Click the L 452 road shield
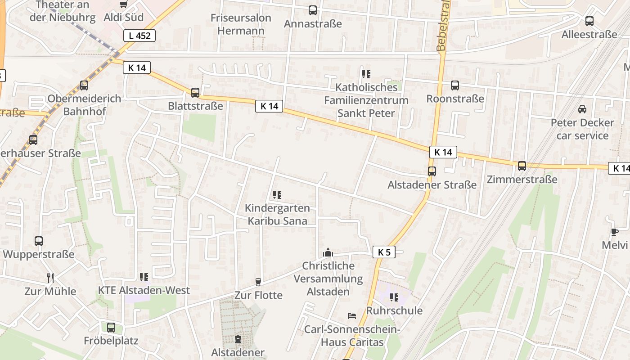[x=139, y=36]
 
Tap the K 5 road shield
[x=384, y=252]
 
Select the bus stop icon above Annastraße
[x=313, y=10]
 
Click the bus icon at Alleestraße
[x=589, y=21]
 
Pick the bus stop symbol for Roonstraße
[x=455, y=85]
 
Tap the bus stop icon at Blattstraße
[x=195, y=93]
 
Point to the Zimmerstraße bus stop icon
[x=522, y=166]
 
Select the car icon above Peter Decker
[x=582, y=109]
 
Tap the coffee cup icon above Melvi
[x=615, y=232]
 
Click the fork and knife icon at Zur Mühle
[x=50, y=278]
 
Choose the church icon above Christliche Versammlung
[x=328, y=252]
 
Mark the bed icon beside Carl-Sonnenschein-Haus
[x=352, y=316]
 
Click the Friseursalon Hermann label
[x=241, y=24]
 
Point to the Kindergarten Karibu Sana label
[x=277, y=214]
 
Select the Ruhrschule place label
[x=394, y=310]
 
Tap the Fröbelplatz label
[x=111, y=340]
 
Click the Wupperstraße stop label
[x=39, y=254]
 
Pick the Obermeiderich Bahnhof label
[x=84, y=104]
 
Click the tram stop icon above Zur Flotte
[x=258, y=282]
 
